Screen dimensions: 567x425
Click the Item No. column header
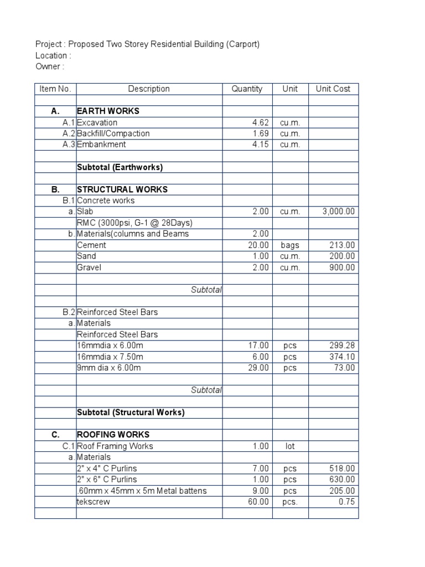55,89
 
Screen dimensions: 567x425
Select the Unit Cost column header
333,89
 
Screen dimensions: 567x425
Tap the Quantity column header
247,89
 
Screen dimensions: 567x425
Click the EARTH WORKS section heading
108,111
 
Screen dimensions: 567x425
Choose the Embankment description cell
102,145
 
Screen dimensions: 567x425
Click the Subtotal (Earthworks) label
120,167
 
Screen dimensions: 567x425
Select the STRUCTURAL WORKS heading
122,189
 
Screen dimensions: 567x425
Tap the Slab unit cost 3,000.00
339,212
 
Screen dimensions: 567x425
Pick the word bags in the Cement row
289,245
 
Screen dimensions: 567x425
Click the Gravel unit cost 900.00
343,267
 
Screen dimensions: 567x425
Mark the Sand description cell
86,256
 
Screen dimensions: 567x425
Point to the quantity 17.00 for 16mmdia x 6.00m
258,346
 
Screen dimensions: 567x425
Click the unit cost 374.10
342,357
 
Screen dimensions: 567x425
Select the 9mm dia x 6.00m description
110,368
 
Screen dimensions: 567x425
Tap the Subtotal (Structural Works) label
131,413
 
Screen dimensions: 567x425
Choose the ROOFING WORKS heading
113,435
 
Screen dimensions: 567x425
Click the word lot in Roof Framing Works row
290,446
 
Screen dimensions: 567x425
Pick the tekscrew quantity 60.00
258,502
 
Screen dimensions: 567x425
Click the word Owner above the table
48,66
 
